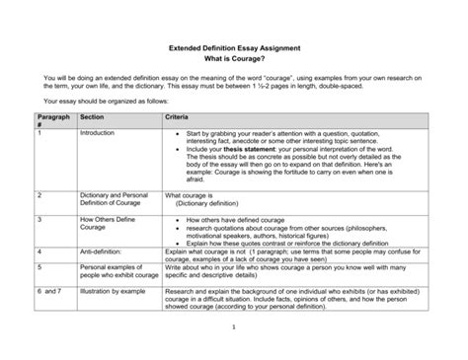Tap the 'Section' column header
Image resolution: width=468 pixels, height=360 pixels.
(x=93, y=115)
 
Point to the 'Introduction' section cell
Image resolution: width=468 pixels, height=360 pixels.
(x=98, y=132)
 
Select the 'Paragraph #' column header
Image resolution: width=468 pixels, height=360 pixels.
(x=51, y=119)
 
